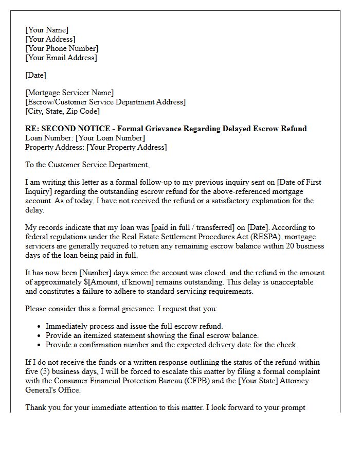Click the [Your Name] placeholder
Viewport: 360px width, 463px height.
[46, 30]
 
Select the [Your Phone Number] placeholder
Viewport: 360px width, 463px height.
[62, 48]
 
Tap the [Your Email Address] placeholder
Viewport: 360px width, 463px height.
[61, 58]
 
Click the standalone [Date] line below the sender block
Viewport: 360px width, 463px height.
[35, 75]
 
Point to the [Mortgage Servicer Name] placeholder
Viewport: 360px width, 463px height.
[69, 93]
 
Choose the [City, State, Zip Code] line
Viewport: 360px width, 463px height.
[62, 111]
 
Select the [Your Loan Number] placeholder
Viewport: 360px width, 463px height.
[110, 138]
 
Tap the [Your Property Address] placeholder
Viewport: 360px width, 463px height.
[127, 147]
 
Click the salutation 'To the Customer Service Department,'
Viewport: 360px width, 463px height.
[87, 165]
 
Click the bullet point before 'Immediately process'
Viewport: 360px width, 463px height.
[40, 327]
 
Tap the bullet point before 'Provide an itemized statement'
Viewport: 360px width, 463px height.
[40, 336]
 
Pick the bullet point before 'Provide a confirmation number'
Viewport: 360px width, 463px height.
[40, 345]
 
